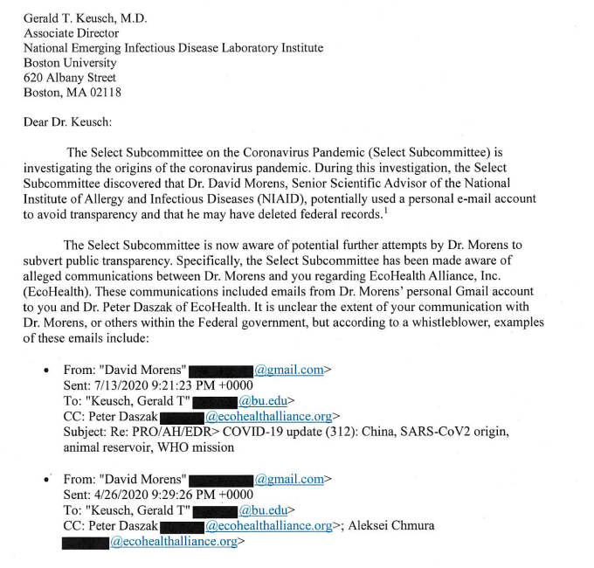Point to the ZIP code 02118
coord(103,93)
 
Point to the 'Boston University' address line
coord(70,63)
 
